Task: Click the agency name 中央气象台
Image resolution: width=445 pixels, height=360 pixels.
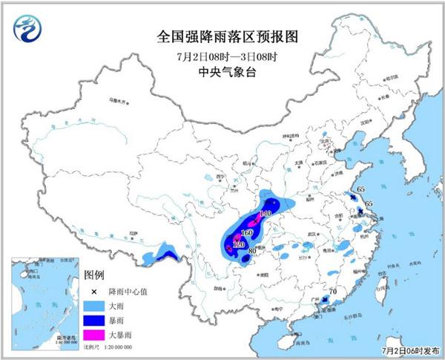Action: pos(222,71)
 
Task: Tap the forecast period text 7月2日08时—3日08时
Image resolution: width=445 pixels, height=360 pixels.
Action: pos(222,55)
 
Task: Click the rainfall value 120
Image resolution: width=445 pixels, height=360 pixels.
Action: pos(239,244)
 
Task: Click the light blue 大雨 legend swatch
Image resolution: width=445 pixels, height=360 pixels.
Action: pos(94,306)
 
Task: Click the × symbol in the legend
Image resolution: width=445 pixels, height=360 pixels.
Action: pos(94,292)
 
